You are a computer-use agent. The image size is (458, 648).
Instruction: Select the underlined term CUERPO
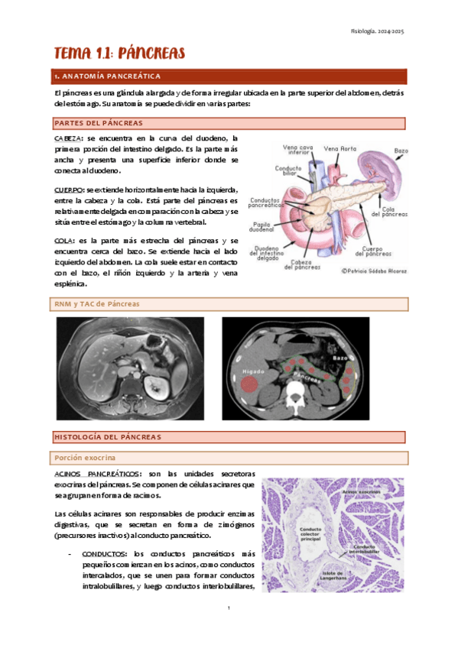(69, 190)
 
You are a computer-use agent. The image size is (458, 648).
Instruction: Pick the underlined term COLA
(63, 241)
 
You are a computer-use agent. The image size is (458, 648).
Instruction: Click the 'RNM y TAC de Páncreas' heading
(96, 304)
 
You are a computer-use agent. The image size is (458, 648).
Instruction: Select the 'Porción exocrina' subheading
(84, 457)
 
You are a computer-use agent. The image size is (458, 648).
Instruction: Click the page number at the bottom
(229, 608)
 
